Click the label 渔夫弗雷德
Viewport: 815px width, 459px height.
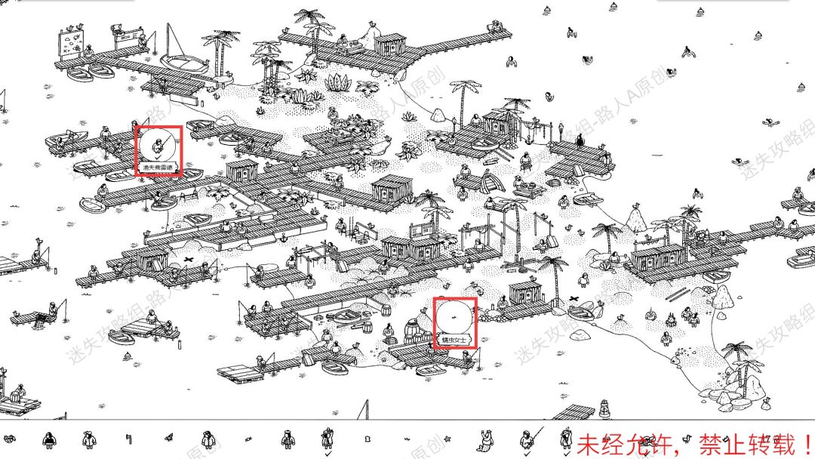(x=158, y=167)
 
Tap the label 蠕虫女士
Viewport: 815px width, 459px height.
(x=455, y=341)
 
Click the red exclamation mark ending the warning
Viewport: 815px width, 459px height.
(x=805, y=441)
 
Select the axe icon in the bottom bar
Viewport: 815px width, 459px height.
(x=129, y=439)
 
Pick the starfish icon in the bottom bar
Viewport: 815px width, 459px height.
(x=446, y=439)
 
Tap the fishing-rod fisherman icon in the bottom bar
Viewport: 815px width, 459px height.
(x=526, y=437)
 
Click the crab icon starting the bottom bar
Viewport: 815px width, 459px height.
(x=10, y=438)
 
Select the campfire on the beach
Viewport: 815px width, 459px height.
(x=668, y=322)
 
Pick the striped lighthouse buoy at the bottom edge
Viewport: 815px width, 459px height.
(x=603, y=411)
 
